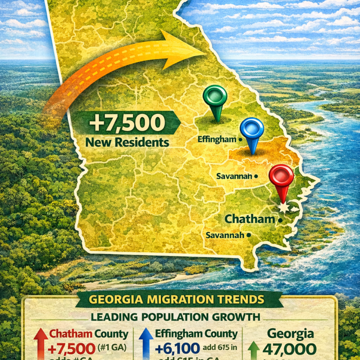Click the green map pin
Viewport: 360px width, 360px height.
[x=215, y=98]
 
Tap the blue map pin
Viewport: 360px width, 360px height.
[x=252, y=130]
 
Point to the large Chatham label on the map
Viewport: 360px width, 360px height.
[x=250, y=219]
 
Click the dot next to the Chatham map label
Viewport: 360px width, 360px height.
[x=280, y=220]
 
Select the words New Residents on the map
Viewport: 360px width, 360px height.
[x=127, y=142]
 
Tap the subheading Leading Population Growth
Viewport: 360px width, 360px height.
[x=175, y=317]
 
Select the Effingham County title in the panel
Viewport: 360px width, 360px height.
[x=196, y=334]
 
